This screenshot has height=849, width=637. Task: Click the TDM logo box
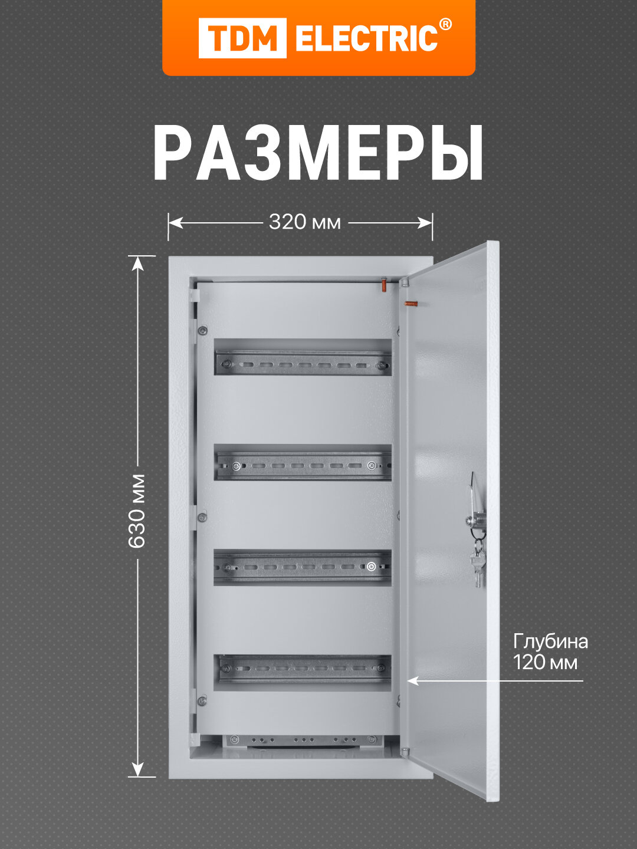[242, 38]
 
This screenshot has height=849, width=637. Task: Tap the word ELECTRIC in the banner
[366, 39]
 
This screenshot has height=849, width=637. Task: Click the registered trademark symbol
[446, 25]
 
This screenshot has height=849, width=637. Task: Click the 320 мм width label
[304, 222]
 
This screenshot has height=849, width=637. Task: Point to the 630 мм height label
[137, 511]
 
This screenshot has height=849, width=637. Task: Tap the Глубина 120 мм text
[550, 651]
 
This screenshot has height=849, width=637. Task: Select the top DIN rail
[303, 363]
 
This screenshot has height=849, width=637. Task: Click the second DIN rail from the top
[303, 466]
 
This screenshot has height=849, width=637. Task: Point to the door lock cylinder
[475, 520]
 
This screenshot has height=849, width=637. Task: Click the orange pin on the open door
[410, 304]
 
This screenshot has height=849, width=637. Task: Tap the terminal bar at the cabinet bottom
[302, 739]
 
